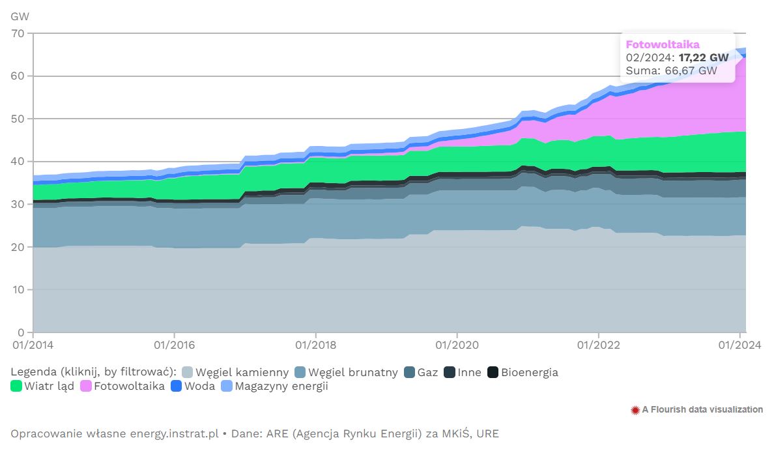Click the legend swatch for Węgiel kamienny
(188, 372)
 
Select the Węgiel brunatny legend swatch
(300, 372)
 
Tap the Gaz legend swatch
(410, 372)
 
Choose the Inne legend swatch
(450, 372)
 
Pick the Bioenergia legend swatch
(493, 372)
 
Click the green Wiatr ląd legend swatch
(16, 386)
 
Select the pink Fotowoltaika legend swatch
(86, 386)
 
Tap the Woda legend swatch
(177, 386)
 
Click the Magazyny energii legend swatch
(227, 386)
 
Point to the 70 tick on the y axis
(18, 33)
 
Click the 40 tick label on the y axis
(18, 162)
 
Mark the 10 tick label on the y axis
(18, 289)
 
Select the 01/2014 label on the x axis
(33, 343)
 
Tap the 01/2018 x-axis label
(315, 343)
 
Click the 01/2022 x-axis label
(598, 343)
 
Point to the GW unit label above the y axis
(20, 16)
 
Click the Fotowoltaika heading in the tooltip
(663, 44)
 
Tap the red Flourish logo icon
(635, 410)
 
